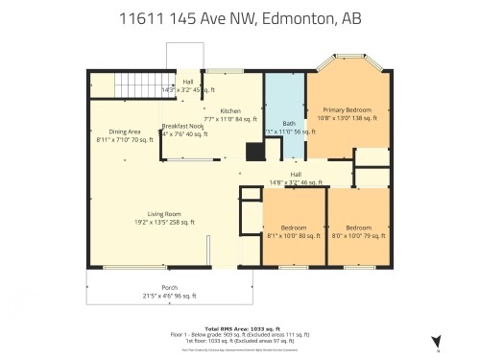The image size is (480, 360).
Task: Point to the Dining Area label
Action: [125, 131]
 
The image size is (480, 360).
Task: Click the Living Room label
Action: [165, 214]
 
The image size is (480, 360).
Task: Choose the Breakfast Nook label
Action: [182, 126]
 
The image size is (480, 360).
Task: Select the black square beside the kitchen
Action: [253, 151]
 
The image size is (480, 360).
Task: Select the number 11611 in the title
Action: [140, 18]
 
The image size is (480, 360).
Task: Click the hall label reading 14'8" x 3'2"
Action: [293, 181]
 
